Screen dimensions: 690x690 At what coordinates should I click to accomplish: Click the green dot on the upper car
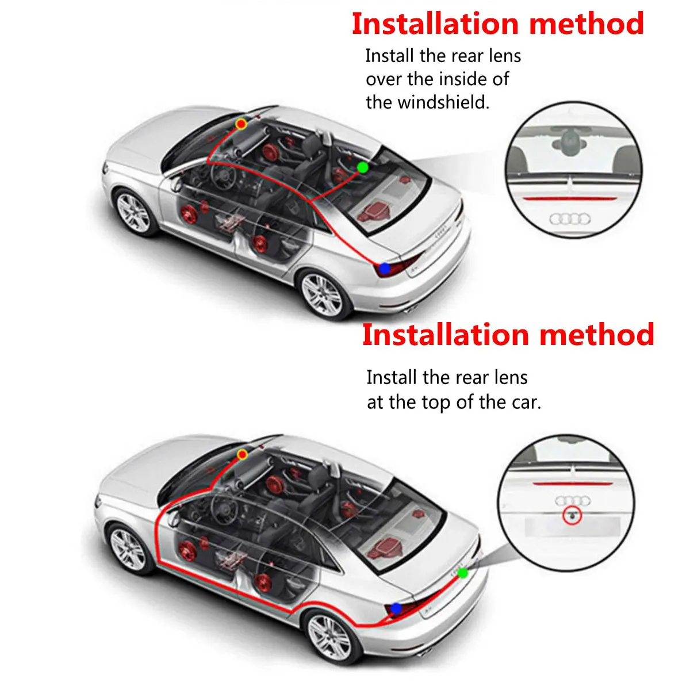click(x=362, y=167)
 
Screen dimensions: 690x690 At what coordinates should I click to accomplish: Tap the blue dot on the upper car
click(x=385, y=268)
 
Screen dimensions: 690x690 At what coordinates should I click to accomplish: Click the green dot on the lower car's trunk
click(x=463, y=573)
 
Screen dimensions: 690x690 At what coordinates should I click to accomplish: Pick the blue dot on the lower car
click(x=396, y=608)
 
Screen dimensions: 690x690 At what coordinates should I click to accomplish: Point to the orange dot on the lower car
click(x=243, y=455)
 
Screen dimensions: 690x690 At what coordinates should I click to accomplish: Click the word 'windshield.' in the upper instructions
click(x=428, y=102)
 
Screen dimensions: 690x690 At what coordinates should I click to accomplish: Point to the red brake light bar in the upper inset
click(x=569, y=197)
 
